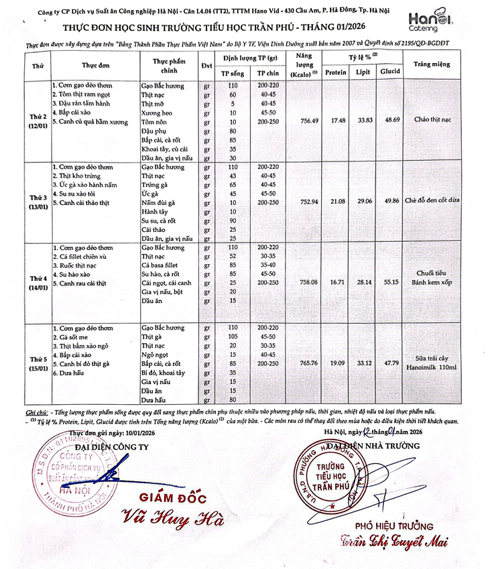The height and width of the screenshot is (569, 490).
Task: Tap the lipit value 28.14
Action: (363, 283)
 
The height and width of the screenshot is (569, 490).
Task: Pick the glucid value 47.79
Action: (391, 363)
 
